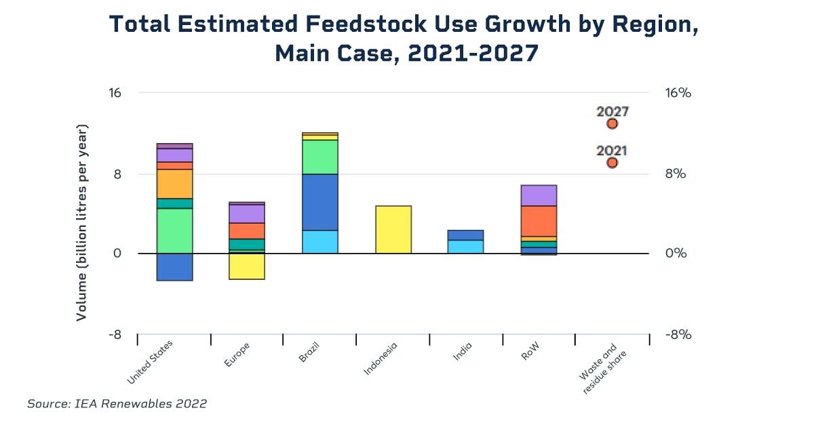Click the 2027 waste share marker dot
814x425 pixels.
tap(612, 123)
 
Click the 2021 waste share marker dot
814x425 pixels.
tap(612, 163)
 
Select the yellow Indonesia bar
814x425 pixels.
tap(393, 230)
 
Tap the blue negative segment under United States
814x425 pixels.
tap(175, 267)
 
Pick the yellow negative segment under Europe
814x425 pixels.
tap(247, 266)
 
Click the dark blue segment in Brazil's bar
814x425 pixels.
tap(320, 202)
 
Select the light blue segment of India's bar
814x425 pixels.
tap(466, 247)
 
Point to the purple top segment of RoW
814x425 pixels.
tap(539, 195)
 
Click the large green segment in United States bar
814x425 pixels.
tap(175, 230)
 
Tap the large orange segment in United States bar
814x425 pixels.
tap(175, 184)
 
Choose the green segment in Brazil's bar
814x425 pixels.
tap(320, 157)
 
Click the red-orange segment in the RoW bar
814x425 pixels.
tap(539, 221)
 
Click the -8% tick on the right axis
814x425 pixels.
tap(678, 334)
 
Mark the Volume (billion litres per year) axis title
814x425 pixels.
tap(81, 222)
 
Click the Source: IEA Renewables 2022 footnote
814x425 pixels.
tap(117, 404)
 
